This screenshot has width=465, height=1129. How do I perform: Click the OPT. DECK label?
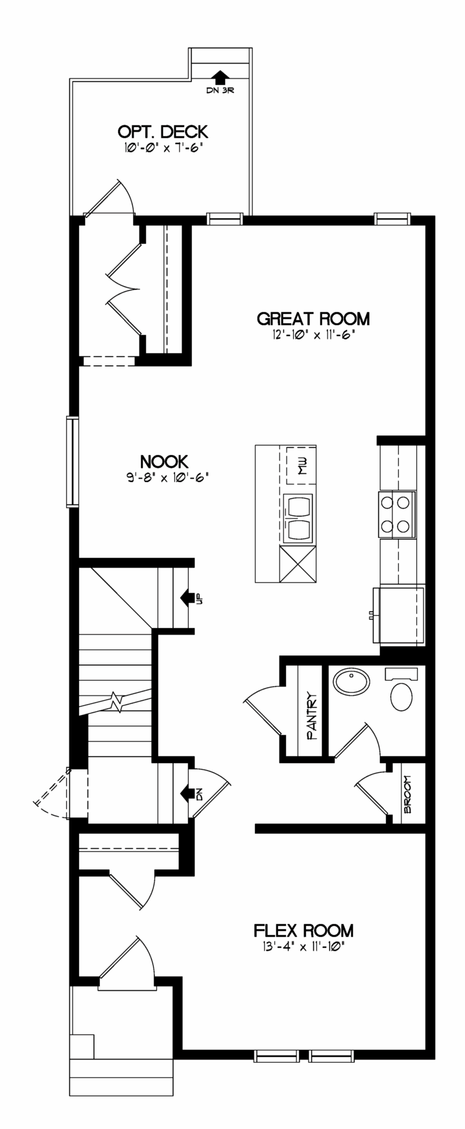point(162,132)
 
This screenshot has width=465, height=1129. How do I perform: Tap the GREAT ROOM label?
point(313,319)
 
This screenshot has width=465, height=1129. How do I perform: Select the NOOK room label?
point(164,461)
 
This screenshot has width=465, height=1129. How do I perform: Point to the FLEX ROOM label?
point(304,930)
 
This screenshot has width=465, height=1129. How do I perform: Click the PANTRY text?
point(311,716)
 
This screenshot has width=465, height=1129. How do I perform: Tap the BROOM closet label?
point(408,795)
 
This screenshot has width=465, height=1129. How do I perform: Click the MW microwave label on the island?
point(302,466)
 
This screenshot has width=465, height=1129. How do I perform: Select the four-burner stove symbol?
point(396,514)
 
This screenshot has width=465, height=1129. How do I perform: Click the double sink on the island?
point(298,518)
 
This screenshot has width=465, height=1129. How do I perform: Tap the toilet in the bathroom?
point(402,690)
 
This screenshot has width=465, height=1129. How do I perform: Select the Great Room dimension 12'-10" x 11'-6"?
point(313,335)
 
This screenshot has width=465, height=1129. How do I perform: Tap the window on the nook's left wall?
point(72,461)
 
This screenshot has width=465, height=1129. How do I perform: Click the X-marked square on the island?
point(298,564)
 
